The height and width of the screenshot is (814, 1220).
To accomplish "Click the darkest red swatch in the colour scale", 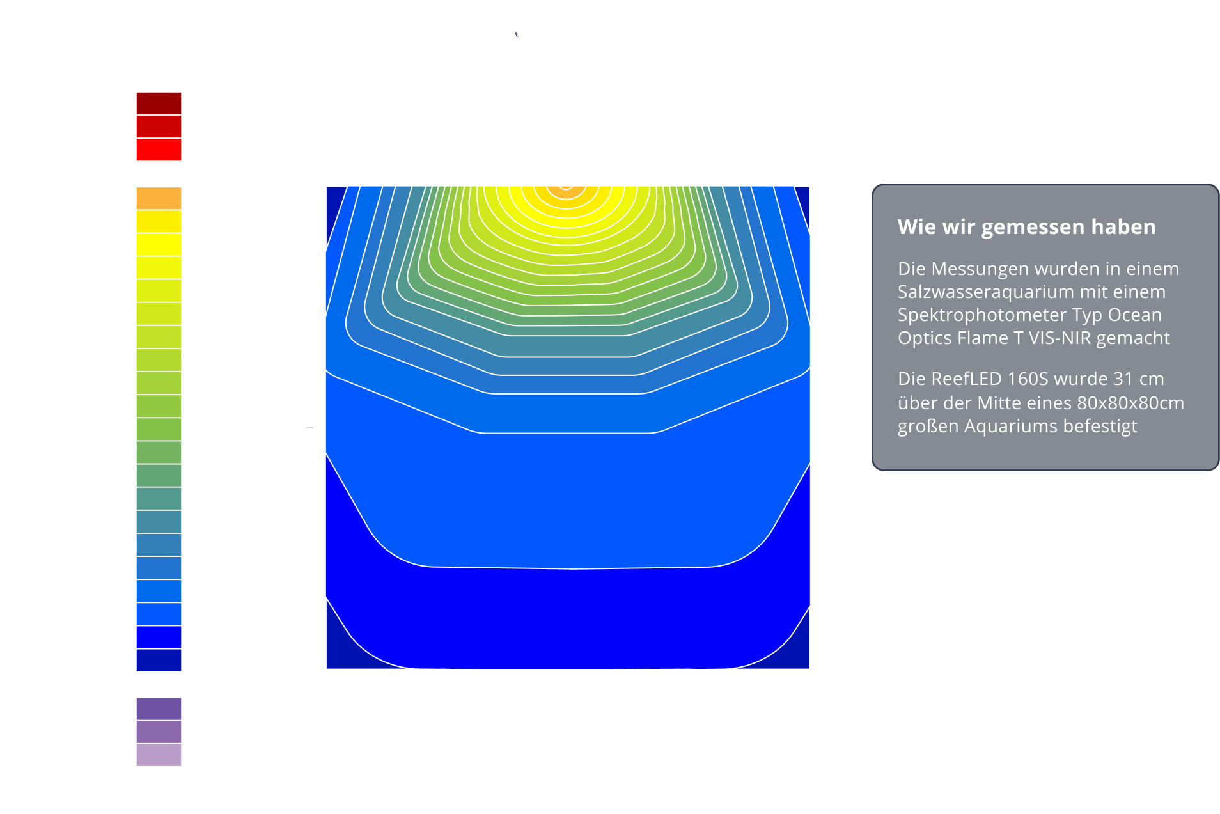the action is pos(159,104).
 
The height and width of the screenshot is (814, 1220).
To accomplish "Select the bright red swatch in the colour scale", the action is pos(159,150).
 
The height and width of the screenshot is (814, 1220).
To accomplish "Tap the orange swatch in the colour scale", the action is pos(159,198).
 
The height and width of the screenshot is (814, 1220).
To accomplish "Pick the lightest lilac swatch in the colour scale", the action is pos(159,755).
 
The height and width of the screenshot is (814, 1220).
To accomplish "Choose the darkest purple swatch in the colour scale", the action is pos(159,709).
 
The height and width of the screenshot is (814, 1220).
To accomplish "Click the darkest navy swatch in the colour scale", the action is pos(159,661).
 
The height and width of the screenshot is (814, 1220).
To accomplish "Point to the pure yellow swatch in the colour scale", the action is pos(159,244).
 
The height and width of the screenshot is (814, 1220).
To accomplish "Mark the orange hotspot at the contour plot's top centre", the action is pos(566,189).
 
